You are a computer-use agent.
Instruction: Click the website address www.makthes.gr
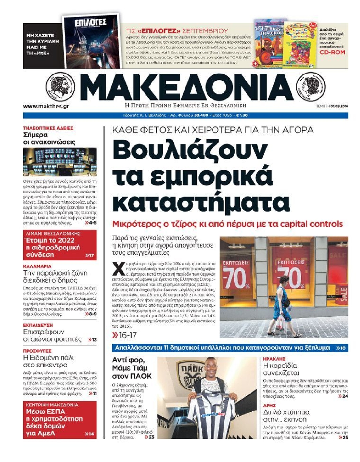pyautogui.click(x=46, y=106)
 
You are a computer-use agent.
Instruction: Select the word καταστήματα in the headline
pyautogui.click(x=201, y=202)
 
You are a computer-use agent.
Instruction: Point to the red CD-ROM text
pyautogui.click(x=332, y=52)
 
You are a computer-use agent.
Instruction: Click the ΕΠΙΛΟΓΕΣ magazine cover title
pyautogui.click(x=91, y=22)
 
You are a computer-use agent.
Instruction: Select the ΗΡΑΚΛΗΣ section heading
pyautogui.click(x=274, y=359)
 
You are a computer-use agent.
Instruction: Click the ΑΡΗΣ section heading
pyautogui.click(x=269, y=405)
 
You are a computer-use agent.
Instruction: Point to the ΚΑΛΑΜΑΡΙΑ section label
pyautogui.click(x=37, y=266)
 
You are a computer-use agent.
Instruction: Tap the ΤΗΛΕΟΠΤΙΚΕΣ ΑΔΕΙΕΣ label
pyautogui.click(x=48, y=128)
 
